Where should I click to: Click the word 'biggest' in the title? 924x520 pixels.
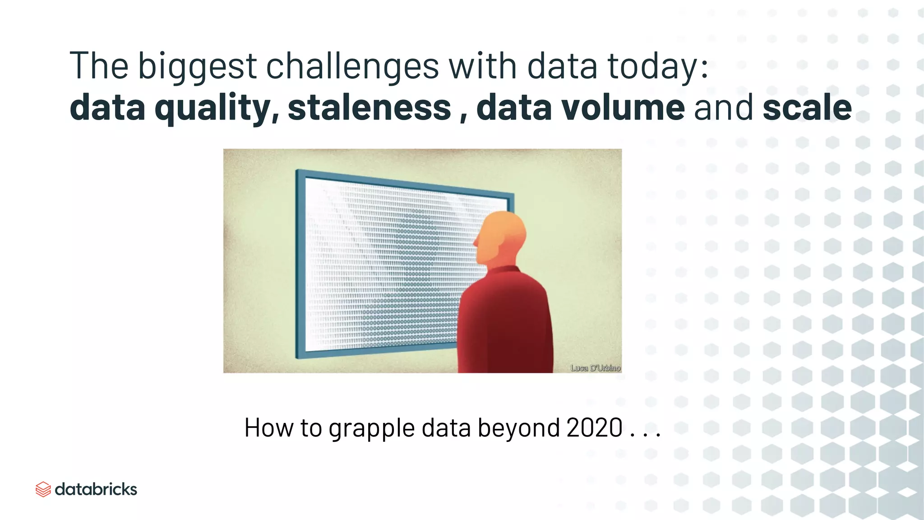coord(197,67)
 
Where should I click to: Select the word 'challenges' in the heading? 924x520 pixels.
coord(352,67)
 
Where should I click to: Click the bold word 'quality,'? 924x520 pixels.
coord(217,108)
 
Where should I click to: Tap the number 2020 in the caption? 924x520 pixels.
coord(594,427)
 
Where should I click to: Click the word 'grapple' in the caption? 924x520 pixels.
coord(371,428)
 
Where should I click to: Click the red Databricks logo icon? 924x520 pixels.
coord(43,489)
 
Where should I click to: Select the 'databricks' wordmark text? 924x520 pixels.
coord(96,489)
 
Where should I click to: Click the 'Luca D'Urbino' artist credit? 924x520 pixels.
coord(595,368)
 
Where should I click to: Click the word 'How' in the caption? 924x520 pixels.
coord(269,427)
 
